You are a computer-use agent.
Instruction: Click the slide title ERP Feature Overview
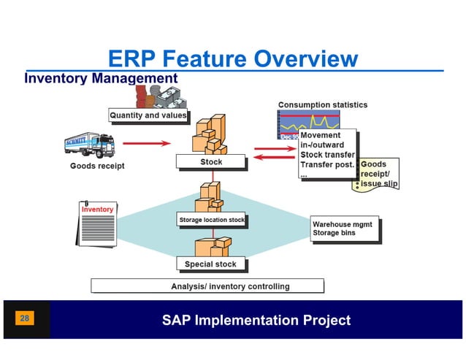(232, 58)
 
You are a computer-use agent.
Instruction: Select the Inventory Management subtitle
(101, 78)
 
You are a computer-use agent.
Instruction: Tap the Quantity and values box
(148, 115)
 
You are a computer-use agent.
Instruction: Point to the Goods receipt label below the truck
(97, 166)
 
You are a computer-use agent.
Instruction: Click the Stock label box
(211, 162)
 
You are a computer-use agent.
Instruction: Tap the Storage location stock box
(212, 220)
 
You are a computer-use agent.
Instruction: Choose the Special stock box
(210, 264)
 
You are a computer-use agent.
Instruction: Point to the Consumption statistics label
(322, 105)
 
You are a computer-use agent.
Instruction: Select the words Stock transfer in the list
(327, 155)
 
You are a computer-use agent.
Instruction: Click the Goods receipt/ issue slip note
(379, 175)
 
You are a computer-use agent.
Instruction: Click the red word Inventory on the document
(97, 210)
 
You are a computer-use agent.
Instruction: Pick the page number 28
(25, 319)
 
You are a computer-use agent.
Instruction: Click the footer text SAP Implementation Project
(256, 321)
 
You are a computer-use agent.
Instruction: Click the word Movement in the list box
(320, 136)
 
